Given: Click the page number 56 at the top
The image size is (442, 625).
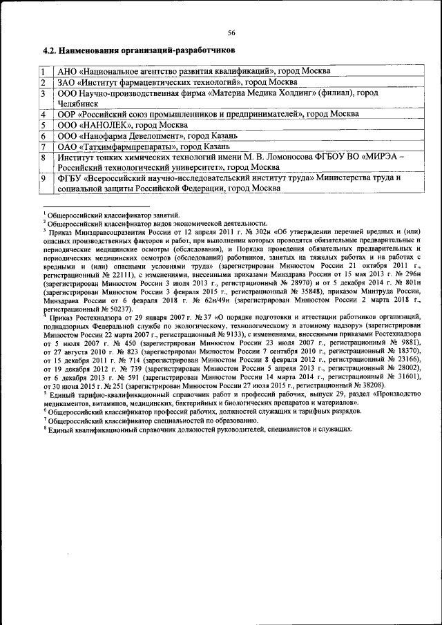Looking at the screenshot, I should pyautogui.click(x=232, y=32).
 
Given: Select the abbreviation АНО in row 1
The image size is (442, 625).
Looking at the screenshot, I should pyautogui.click(x=68, y=71).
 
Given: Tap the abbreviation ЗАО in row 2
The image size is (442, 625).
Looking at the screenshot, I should pyautogui.click(x=68, y=82).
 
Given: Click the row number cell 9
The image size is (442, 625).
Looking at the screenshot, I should pyautogui.click(x=43, y=178).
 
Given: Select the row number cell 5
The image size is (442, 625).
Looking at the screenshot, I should pyautogui.click(x=43, y=125).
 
